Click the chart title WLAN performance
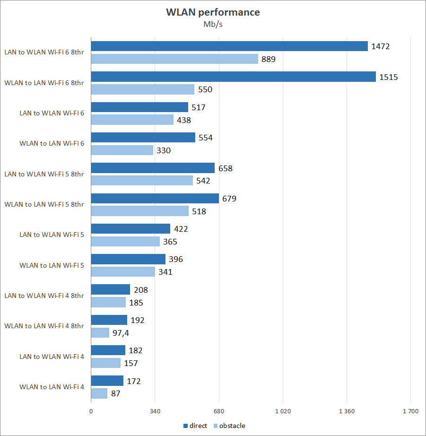tap(213, 12)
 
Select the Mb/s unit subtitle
tap(213, 25)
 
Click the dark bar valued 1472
tap(229, 46)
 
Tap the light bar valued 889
tap(174, 59)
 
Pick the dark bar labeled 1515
tap(233, 77)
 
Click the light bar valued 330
tap(122, 150)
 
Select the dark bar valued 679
tap(155, 198)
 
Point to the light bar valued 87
tap(99, 393)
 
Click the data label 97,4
tap(121, 333)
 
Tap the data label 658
tap(225, 168)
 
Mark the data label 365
tap(169, 242)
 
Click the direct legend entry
tap(195, 426)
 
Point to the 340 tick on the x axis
tap(155, 411)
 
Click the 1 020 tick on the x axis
tap(283, 411)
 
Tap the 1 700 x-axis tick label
tap(410, 411)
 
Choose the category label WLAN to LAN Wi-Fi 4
tap(52, 387)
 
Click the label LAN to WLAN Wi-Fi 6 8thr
tap(44, 52)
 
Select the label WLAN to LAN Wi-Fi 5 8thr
tap(44, 204)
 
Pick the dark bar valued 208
tap(110, 289)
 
